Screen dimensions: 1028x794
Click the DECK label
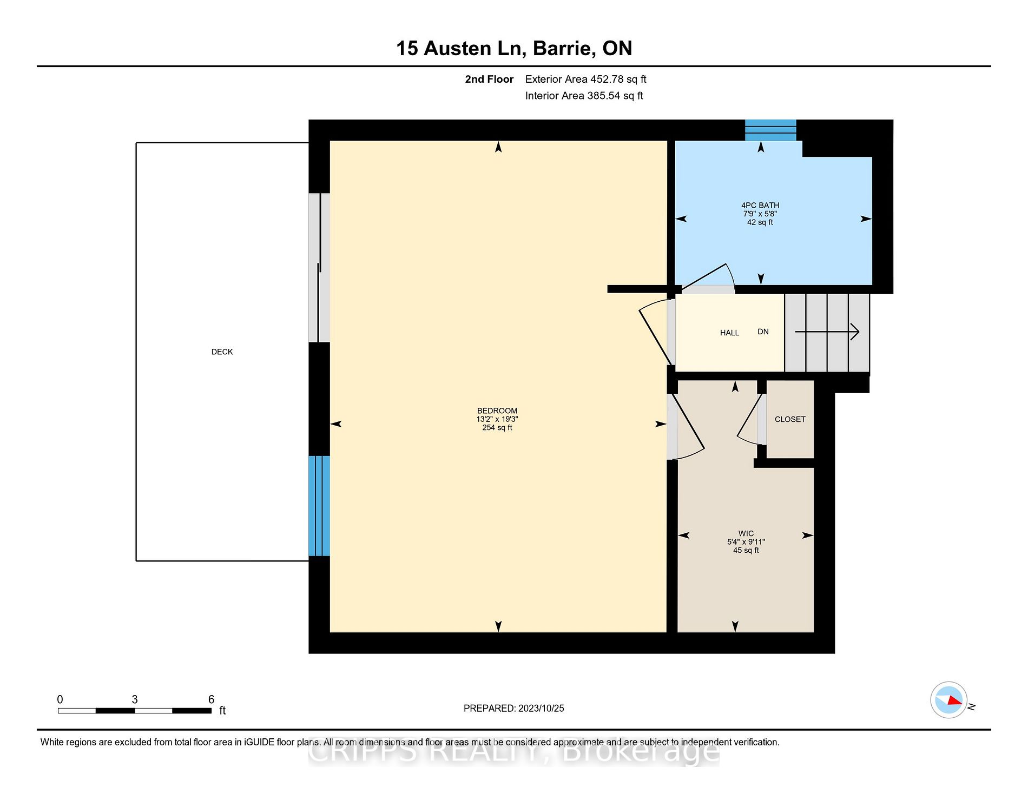point(222,352)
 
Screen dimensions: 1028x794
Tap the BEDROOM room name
point(497,411)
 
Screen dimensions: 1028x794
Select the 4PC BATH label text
point(760,205)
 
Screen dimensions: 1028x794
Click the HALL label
point(729,333)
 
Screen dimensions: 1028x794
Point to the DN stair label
point(763,332)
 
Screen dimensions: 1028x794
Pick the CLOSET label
point(790,419)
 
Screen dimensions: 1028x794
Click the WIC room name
point(746,533)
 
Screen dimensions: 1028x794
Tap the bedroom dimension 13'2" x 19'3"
point(497,419)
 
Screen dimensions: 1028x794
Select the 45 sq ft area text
point(746,550)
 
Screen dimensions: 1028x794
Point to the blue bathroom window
point(770,130)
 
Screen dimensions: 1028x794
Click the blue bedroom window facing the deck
point(319,506)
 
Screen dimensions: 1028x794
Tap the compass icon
point(949,700)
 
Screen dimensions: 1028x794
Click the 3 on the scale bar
point(135,699)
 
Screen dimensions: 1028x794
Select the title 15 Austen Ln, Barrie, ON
point(514,48)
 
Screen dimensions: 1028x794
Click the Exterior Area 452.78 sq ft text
point(585,79)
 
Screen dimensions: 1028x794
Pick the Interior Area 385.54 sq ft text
point(584,96)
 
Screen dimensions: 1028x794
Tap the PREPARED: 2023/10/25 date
point(514,708)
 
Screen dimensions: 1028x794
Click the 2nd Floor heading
point(489,79)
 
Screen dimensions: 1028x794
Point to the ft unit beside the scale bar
point(222,710)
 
